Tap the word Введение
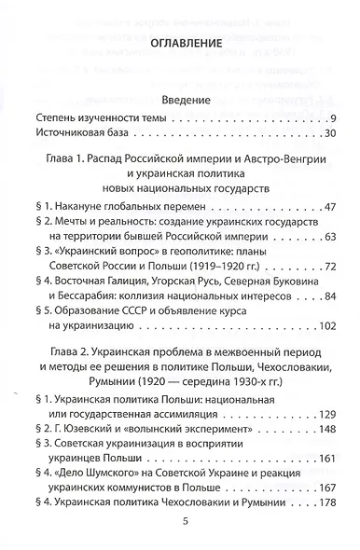(x=183, y=101)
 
